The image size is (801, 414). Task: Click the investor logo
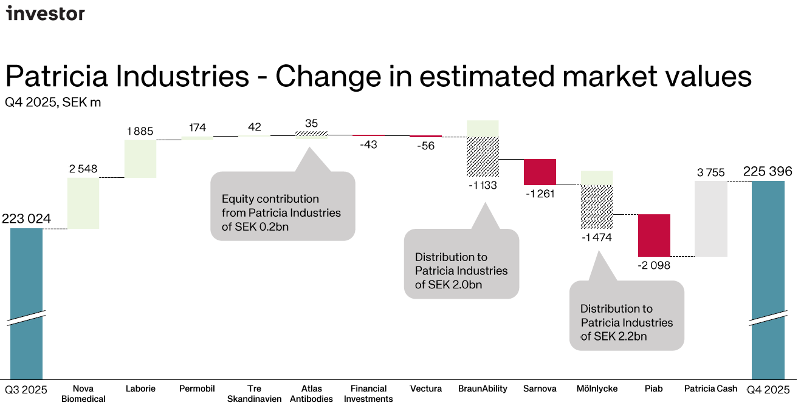[46, 13]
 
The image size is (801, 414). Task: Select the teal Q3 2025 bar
[26, 304]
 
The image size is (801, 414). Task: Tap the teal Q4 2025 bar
[768, 279]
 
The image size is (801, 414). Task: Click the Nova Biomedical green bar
[83, 203]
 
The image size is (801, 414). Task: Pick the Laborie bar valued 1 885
[140, 159]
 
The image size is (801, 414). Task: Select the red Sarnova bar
[540, 172]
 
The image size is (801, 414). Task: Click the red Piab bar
[654, 235]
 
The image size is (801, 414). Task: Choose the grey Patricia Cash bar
[711, 219]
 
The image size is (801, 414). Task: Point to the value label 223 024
[26, 219]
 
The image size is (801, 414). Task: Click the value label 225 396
[768, 172]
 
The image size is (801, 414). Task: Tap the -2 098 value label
[654, 265]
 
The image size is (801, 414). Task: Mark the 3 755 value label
[711, 172]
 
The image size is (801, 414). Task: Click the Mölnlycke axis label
[596, 389]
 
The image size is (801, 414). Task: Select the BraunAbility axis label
[483, 389]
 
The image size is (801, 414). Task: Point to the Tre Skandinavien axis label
[255, 393]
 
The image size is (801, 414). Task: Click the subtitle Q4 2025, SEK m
[53, 103]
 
